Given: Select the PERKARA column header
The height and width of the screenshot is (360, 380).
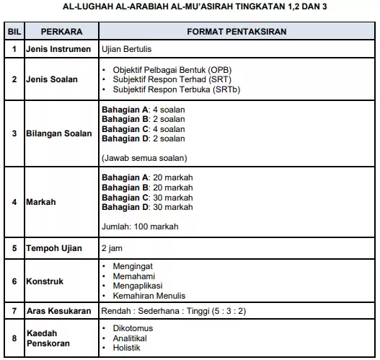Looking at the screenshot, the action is point(61,33).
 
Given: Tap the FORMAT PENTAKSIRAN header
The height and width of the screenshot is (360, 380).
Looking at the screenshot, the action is point(236,33).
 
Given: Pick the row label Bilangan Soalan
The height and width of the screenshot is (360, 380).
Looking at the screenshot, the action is point(59,134).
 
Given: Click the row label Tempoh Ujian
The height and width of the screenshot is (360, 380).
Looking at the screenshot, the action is point(54,248).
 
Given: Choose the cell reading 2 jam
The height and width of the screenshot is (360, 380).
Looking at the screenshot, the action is point(112,248).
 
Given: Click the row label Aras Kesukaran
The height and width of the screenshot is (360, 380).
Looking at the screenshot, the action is point(58,311).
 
